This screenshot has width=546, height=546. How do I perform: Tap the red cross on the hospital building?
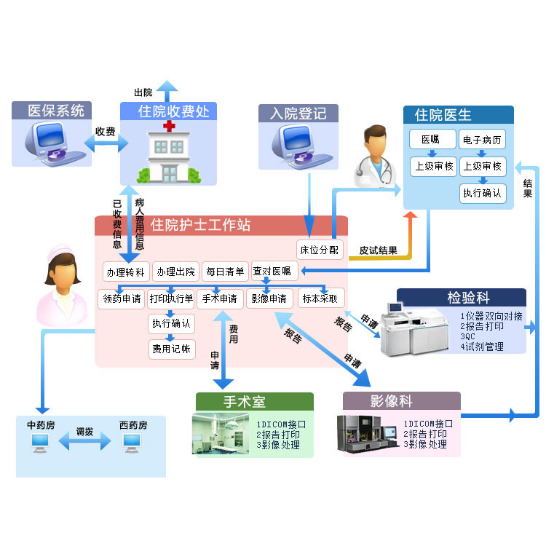170,127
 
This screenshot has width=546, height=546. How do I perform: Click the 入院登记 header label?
298,114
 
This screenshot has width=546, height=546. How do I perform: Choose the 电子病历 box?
483,140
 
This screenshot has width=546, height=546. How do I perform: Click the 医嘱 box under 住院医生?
432,140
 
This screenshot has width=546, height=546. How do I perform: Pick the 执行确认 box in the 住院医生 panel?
483,193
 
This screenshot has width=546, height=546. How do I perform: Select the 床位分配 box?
319,249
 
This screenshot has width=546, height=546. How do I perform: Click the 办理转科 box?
126,272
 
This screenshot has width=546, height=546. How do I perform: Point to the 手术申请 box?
219,298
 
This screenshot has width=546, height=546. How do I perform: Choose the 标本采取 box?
320,298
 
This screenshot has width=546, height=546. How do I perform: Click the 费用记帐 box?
171,349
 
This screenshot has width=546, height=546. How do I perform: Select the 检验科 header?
467,298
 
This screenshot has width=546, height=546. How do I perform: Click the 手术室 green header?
254,402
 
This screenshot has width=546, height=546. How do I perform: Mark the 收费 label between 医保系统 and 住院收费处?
106,132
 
